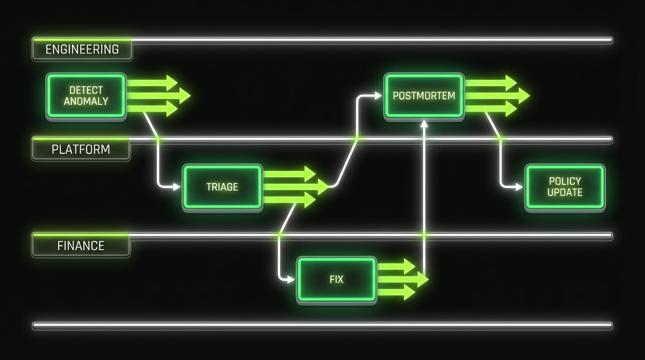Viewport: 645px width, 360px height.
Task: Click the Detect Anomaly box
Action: coord(86,96)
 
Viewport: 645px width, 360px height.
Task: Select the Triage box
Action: coord(222,187)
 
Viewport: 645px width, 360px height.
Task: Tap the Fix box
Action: coord(337,280)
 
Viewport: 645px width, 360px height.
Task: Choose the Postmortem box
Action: coord(424,96)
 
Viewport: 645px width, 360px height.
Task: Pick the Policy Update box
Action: coord(565,187)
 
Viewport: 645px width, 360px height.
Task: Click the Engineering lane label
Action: coord(82,49)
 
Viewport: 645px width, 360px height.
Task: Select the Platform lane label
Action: coord(81,150)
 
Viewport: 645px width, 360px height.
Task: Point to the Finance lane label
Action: coord(81,246)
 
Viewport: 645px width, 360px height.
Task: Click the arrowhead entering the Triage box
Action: coord(177,187)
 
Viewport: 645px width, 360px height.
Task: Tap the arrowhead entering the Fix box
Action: coord(291,280)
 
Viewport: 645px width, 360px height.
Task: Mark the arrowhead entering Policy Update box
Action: coord(519,187)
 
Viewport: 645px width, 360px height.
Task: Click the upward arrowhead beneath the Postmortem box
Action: coord(424,123)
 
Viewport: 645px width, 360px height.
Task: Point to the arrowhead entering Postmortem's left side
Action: coord(378,96)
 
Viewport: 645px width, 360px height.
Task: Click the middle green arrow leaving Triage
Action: coord(295,187)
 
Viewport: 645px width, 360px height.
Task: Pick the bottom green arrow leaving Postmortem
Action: coord(490,109)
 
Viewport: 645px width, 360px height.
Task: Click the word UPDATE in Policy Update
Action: coord(565,192)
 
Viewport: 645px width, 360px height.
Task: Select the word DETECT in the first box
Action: coord(86,90)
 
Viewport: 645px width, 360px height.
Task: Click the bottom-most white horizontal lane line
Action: coord(322,324)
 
